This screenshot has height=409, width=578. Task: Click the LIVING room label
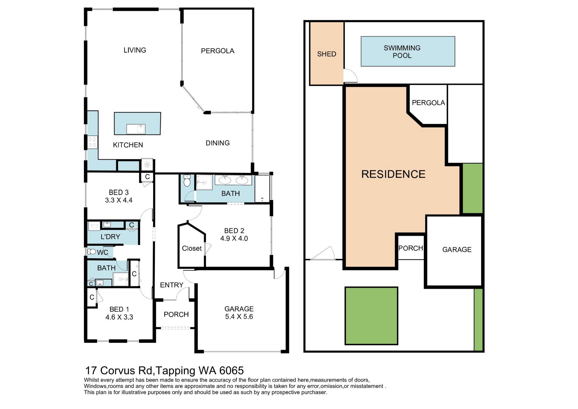coord(135,50)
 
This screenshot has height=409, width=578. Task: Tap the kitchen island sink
coord(136,129)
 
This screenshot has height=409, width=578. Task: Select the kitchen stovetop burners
coord(92,142)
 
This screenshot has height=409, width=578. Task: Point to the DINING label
coord(218,143)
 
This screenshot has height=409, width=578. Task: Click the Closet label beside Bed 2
coord(192,248)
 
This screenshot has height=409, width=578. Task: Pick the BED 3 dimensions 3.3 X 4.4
coord(119,200)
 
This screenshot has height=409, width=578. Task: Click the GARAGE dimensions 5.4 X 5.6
coord(239,317)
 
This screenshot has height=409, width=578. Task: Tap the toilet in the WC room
coord(92,251)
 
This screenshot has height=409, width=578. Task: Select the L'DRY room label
coord(110,237)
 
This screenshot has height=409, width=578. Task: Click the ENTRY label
coord(172,285)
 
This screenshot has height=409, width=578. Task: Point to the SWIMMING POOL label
coord(402,52)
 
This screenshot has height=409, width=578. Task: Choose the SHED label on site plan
coord(327,54)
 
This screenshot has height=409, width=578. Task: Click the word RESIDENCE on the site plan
coord(393,174)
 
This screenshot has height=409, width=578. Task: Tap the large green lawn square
coord(371,316)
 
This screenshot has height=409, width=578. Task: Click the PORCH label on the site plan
coord(411,248)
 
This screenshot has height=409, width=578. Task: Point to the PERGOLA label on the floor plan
coord(218,51)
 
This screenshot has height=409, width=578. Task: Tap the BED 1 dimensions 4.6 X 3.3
coord(119,317)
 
